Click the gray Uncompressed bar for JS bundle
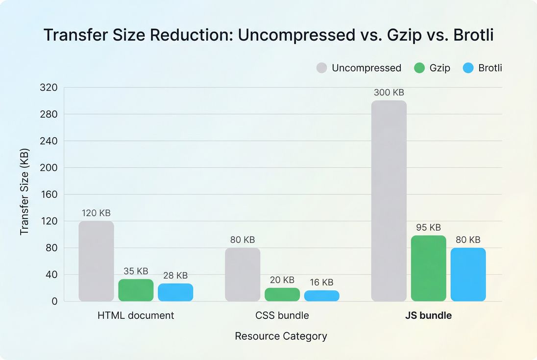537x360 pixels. pos(389,201)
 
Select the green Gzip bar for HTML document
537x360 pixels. pos(136,290)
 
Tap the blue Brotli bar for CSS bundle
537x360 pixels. pos(321,296)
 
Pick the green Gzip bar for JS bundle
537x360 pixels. pos(428,268)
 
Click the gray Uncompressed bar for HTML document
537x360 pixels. pos(96,261)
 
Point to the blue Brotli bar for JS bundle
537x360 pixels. pos(468,274)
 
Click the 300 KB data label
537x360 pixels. pos(389,93)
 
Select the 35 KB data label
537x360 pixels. pos(136,271)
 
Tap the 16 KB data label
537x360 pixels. pos(321,282)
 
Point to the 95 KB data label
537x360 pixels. pos(428,227)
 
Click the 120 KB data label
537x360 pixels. pos(96,213)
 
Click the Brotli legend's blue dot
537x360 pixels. pos(469,68)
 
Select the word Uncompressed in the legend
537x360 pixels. pos(366,68)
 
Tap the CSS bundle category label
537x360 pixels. pos(282,315)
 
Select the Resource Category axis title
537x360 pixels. pos(281,336)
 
